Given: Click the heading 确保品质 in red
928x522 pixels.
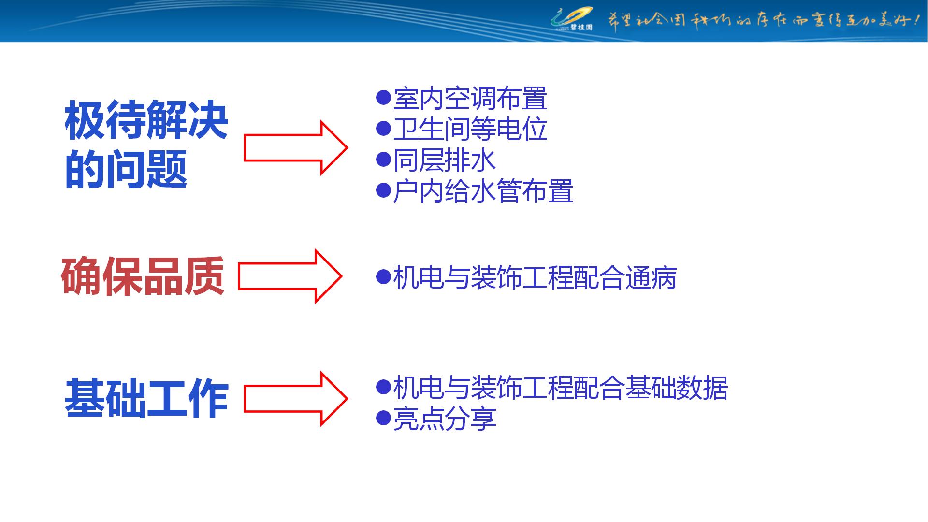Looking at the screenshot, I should [143, 276].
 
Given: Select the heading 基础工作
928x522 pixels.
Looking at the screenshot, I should [146, 398].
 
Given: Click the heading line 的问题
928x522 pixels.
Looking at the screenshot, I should [126, 169].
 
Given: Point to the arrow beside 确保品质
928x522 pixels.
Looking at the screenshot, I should [290, 276].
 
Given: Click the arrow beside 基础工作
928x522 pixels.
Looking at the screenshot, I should [295, 399].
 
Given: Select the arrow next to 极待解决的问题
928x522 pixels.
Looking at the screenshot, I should [295, 148].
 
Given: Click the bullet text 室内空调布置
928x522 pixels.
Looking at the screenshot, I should [470, 99].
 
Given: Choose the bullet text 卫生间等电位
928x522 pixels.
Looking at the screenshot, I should [470, 130].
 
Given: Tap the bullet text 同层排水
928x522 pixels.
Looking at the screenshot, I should [444, 160].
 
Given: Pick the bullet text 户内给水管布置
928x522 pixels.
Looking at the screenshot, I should [483, 191].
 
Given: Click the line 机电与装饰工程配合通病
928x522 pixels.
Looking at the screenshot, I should [535, 278].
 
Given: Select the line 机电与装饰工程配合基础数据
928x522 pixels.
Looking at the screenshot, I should [560, 388].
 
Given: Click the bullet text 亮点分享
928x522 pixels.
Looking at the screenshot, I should [444, 419].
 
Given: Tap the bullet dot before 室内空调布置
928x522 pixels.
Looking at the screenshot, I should [383, 97].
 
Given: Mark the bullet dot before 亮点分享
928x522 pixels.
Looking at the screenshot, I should [383, 418].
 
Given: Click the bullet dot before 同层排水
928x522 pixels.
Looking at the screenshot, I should [383, 159].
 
